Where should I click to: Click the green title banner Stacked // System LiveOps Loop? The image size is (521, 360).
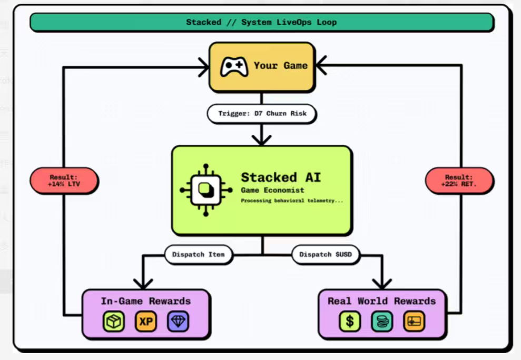coord(261,22)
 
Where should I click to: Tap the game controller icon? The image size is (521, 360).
coord(234,67)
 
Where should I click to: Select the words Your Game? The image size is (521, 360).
coord(280,66)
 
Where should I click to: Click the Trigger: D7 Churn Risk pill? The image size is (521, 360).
coord(261,113)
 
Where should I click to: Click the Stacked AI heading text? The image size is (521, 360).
coord(280,177)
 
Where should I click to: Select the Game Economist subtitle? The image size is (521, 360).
coord(272,190)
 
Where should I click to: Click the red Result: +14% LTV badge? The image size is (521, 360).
coord(64,181)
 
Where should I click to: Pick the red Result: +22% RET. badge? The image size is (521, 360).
coord(459,181)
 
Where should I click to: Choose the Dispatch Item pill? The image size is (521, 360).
coord(198,254)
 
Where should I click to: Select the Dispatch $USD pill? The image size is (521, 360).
coord(325,254)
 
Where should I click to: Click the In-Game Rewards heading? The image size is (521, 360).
coord(146,301)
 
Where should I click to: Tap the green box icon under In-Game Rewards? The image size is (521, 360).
coord(114,322)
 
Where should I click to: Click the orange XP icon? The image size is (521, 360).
coord(146,322)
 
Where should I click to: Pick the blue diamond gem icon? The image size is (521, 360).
coord(178,322)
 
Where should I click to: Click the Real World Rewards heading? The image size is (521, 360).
coord(382,301)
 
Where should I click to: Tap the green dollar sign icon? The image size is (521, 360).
coord(350,322)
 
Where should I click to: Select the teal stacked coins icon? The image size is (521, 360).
coord(382,322)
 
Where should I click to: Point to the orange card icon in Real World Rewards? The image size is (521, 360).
coord(414,322)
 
